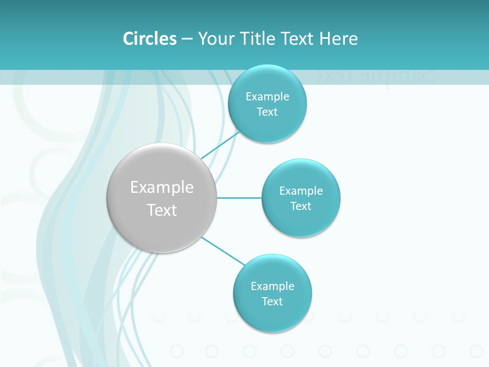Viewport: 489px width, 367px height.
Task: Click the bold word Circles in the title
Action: [150, 39]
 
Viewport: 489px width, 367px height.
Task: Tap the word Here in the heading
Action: [338, 39]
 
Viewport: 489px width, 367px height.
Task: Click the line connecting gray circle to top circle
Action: [220, 145]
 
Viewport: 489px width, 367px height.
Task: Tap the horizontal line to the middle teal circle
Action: [239, 198]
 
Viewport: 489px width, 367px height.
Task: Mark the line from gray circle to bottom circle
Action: [223, 250]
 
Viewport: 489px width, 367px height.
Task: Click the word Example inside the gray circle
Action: [162, 188]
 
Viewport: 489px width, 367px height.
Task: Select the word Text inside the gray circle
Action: [162, 210]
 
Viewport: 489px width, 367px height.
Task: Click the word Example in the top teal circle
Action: [267, 96]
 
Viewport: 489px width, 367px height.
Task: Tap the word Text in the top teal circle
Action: [267, 112]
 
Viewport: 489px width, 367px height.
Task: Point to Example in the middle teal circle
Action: [301, 191]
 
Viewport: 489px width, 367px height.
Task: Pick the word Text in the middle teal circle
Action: [301, 206]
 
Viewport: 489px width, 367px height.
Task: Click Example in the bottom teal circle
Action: [273, 286]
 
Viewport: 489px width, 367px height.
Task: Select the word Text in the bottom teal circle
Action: [273, 301]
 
